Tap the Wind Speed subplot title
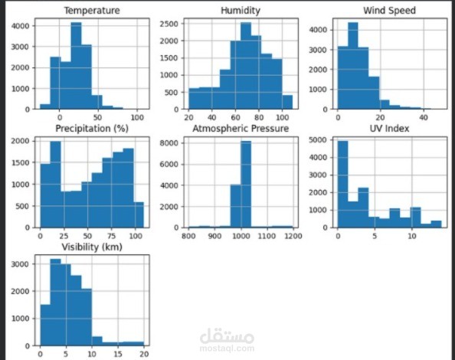point(389,11)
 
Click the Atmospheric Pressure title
point(241,129)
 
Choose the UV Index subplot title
point(389,129)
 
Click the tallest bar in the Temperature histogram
point(76,69)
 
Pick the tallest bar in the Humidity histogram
point(245,69)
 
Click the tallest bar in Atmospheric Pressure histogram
point(246,184)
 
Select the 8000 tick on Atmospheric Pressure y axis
point(172,142)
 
